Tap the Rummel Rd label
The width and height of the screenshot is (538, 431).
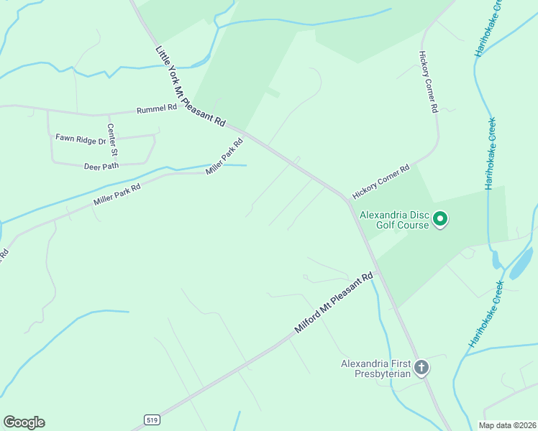point(156,108)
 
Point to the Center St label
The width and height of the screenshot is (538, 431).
point(112,140)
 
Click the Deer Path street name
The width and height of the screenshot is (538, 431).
point(101,166)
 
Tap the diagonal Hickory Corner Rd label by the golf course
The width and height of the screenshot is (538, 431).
point(380,182)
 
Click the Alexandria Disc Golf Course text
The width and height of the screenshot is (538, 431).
point(394,219)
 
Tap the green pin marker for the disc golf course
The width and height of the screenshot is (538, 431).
point(441,218)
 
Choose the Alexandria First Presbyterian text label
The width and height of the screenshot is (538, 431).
point(376,368)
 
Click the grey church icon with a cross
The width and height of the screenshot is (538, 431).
point(421,368)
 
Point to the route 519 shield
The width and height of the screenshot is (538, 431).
point(151,419)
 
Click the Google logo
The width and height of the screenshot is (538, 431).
point(24,422)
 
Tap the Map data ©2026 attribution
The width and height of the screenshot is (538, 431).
point(507,425)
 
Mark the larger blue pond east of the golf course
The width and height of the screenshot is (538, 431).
point(521,263)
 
